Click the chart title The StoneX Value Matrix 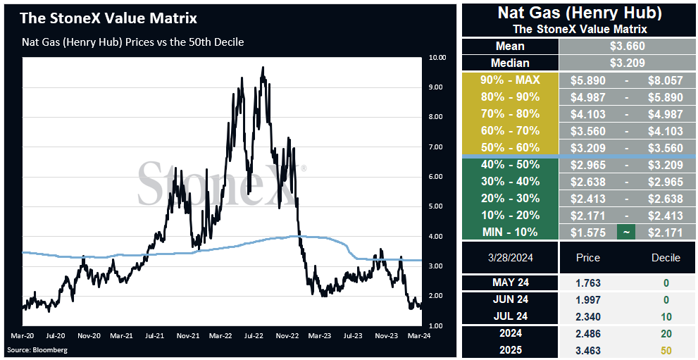tap(108, 19)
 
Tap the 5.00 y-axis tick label tap(435, 206)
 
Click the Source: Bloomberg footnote tap(37, 349)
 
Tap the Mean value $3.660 tap(628, 46)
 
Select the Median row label tap(510, 63)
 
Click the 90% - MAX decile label tap(510, 80)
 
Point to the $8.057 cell tap(666, 80)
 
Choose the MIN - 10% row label tap(510, 232)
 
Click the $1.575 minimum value tap(588, 232)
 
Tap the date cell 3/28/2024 tap(510, 258)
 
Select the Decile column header tap(666, 258)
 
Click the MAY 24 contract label tap(510, 283)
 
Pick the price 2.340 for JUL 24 tap(588, 317)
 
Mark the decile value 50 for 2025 tap(666, 351)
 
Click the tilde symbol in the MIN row tap(626, 232)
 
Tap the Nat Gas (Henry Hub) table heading tap(580, 13)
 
